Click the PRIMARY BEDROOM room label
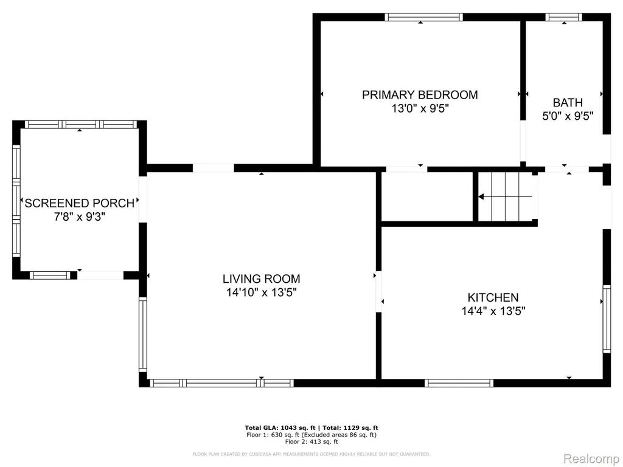420,95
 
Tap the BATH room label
568,102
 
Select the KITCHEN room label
493,297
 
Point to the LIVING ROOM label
262,278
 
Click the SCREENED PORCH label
80,203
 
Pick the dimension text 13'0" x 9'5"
420,108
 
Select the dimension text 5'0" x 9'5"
568,116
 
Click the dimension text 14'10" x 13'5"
262,292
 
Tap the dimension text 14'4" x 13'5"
493,311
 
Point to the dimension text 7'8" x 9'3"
80,217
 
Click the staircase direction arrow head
481,196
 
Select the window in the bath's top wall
564,17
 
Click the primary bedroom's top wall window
423,17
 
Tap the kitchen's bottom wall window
459,383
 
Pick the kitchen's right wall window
607,319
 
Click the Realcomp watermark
591,458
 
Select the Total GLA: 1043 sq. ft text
280,427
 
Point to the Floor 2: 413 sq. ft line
311,441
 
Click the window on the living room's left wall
142,335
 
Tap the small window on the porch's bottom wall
50,275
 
